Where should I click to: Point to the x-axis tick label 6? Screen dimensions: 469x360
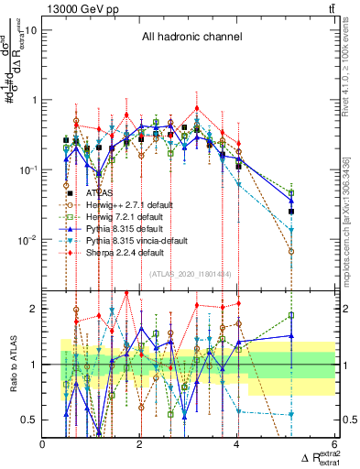335,445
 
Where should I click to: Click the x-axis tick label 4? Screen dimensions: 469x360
237,445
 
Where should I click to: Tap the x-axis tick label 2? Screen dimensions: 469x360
140,445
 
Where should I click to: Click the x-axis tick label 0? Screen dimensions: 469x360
43,445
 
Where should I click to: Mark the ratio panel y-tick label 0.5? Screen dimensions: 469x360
28,420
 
